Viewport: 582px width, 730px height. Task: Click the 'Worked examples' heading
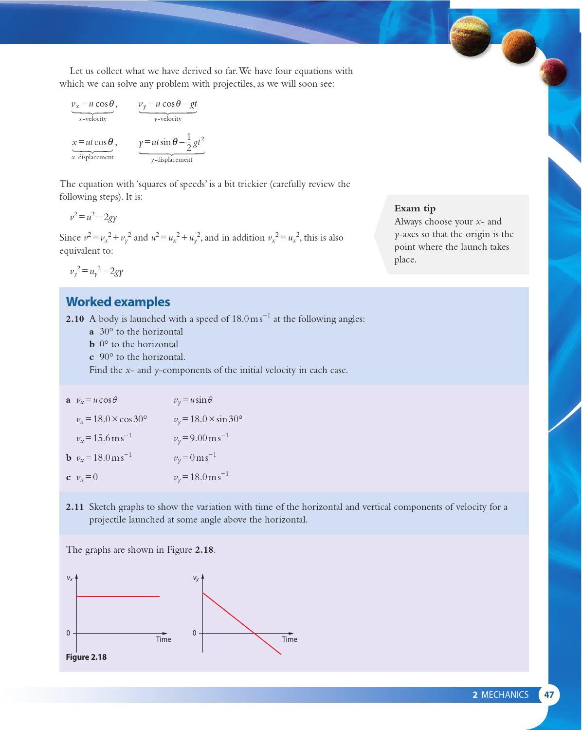point(118,302)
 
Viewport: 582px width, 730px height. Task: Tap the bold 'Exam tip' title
point(415,208)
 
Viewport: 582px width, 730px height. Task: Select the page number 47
point(549,694)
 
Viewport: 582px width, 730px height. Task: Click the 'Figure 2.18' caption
point(86,657)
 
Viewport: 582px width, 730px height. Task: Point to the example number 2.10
point(75,319)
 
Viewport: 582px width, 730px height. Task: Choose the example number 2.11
point(75,507)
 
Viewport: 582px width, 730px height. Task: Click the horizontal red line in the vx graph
point(118,596)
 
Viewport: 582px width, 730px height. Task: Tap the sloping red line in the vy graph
point(241,623)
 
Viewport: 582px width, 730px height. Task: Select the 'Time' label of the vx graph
point(164,639)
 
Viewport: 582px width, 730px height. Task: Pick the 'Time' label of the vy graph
point(290,639)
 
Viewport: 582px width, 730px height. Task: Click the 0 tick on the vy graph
point(195,633)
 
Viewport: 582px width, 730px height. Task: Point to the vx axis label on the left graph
point(70,579)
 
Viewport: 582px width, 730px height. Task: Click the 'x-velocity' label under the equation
point(92,119)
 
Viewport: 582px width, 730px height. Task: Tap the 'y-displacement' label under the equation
point(171,160)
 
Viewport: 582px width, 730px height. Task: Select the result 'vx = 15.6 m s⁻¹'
point(104,438)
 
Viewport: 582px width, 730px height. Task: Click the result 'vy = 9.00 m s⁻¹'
point(201,438)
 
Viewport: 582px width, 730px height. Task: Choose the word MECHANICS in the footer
point(504,694)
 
